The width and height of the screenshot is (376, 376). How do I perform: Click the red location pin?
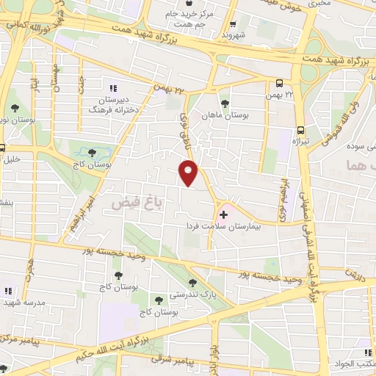point(189,174)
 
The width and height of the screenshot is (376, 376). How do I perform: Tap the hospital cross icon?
point(223,214)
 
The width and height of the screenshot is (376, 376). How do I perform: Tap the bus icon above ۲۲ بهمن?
point(279,84)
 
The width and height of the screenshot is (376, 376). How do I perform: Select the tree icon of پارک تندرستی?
point(192,283)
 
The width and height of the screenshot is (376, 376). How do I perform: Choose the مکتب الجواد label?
point(359,364)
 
